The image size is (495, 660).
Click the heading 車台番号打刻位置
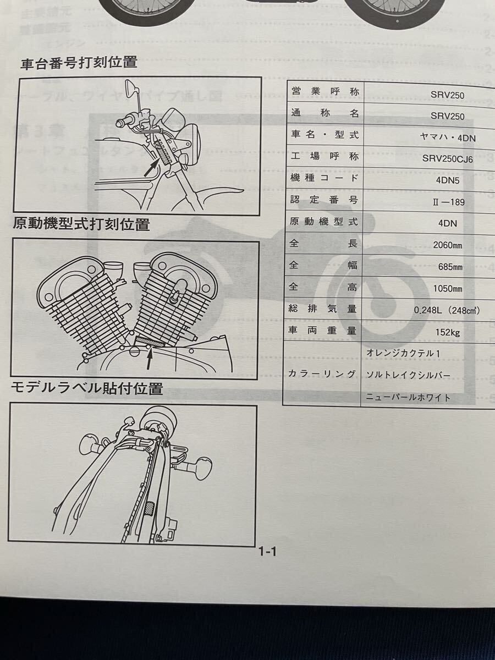(x=79, y=63)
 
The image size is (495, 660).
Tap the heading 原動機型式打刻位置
(x=81, y=224)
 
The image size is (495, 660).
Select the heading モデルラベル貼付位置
(x=87, y=388)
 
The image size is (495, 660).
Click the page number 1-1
(x=267, y=552)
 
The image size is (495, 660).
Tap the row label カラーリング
(x=322, y=374)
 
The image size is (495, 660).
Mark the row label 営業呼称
(x=324, y=93)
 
